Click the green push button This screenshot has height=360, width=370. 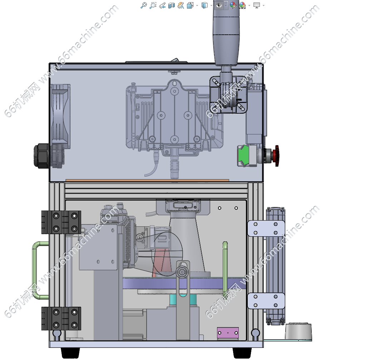point(243,156)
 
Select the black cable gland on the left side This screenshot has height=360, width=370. point(41,156)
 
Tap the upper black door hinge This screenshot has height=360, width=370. point(61,222)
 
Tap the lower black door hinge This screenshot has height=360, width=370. point(61,319)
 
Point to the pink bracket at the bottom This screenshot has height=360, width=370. point(228,332)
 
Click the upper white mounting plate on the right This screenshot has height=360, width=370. point(266,228)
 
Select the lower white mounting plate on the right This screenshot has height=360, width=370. point(266,301)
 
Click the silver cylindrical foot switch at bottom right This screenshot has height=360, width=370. point(299,331)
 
